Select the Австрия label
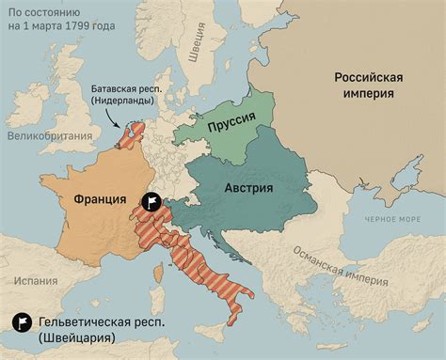(x=248, y=187)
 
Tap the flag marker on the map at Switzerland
(x=150, y=202)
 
